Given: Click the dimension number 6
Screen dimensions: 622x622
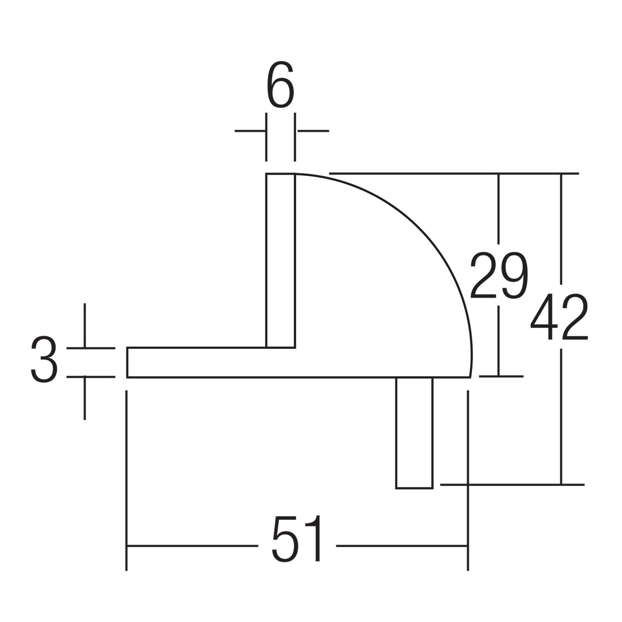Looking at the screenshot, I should click(x=280, y=86).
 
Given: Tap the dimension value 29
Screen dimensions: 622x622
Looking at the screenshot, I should click(x=498, y=275).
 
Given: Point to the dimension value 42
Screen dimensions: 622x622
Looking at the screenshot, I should click(x=559, y=317).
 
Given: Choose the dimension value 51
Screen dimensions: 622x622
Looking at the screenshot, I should click(x=297, y=538).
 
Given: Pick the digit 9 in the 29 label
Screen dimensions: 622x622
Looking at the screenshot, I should click(x=513, y=275).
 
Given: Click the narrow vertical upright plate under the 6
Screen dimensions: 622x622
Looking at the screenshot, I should click(x=280, y=260).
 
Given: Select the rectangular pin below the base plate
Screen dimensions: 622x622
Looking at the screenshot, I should click(x=414, y=432).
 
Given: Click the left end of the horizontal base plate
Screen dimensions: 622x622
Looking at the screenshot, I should click(x=128, y=363).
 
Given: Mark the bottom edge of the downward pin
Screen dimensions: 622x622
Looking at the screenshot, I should click(x=414, y=488).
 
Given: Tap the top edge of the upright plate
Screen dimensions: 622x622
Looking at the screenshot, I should click(x=280, y=173).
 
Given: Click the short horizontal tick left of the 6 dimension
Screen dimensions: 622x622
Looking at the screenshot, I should click(x=250, y=131).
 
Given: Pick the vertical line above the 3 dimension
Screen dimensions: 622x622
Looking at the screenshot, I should click(x=85, y=325).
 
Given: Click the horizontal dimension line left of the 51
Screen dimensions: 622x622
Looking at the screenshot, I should click(x=192, y=546).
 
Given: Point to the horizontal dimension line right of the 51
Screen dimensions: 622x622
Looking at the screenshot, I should click(x=401, y=546).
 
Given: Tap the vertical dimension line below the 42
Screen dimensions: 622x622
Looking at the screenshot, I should click(x=561, y=415).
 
